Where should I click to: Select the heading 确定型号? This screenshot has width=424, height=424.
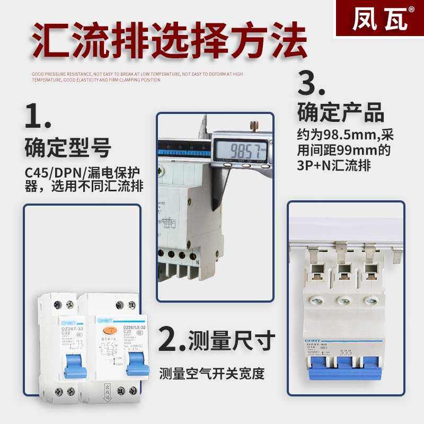[67, 148]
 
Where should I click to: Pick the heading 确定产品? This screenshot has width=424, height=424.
[340, 113]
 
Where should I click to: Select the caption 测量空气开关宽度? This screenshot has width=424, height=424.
[212, 374]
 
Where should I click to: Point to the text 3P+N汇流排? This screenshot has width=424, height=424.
[334, 165]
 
